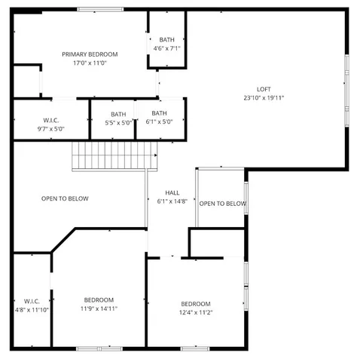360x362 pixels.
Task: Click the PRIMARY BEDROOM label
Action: click(90, 54)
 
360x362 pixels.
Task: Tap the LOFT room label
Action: click(264, 88)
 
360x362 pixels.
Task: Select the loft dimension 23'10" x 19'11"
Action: click(264, 98)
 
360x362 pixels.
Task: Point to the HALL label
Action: click(172, 192)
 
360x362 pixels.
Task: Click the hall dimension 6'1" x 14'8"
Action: click(172, 201)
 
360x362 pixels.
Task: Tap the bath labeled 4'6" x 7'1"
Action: click(166, 44)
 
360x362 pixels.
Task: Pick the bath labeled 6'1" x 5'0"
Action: click(159, 118)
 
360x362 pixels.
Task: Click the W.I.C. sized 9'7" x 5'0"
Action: click(51, 124)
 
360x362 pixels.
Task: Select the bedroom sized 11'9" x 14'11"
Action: click(99, 304)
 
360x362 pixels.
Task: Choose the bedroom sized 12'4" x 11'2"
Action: click(195, 308)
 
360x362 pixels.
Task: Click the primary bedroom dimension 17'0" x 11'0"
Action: click(90, 63)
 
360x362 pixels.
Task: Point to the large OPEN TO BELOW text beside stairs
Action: click(65, 198)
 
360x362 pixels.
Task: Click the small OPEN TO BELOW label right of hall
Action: click(222, 204)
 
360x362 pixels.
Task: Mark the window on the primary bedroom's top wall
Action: click(100, 9)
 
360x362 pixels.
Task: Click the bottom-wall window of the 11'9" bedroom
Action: click(99, 348)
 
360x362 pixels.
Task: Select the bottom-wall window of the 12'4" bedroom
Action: click(194, 348)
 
